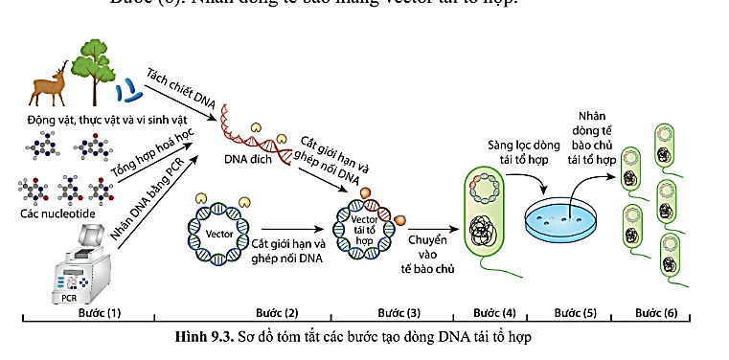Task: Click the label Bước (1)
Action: click(x=101, y=313)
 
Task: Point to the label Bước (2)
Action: click(x=278, y=313)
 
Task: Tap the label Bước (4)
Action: click(x=494, y=313)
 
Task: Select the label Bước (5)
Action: click(x=575, y=313)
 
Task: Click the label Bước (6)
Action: click(x=657, y=313)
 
